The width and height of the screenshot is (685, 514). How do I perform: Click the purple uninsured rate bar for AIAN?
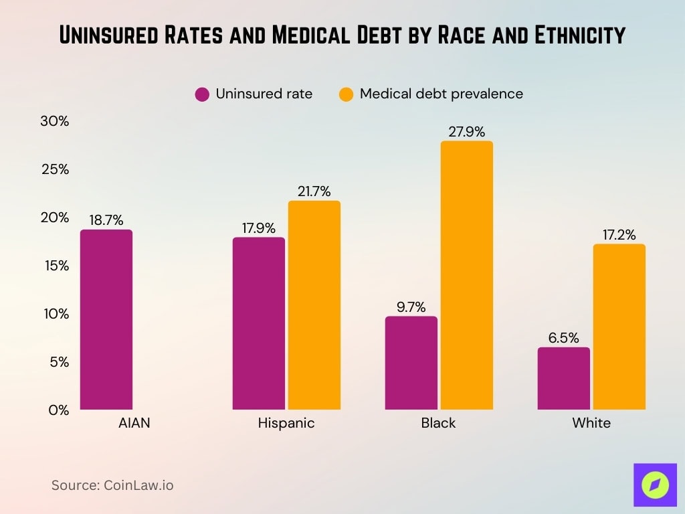coord(106,320)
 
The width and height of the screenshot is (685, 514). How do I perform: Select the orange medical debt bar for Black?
coord(467,275)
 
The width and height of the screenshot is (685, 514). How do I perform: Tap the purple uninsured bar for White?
coord(564,378)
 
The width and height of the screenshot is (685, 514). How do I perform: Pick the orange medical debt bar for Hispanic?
coord(314,305)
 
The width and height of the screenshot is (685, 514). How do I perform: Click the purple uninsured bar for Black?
coord(411,363)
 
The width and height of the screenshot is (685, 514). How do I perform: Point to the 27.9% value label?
coord(467,132)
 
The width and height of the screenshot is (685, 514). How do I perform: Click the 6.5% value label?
coord(564,338)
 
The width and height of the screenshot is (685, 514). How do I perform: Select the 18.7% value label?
coord(106,220)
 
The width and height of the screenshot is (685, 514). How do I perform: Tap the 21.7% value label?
coord(314,191)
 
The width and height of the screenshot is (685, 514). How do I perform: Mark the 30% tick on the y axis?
coord(55,121)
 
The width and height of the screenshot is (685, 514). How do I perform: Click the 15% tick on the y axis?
coord(55,266)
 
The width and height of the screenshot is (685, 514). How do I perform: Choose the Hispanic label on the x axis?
coord(286,424)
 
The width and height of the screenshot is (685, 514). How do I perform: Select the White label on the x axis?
coord(591,424)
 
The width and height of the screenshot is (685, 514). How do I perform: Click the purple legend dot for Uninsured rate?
coord(202,94)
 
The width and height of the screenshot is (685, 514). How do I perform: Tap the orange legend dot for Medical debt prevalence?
coord(346,94)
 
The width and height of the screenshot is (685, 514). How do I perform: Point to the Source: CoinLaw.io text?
coord(112,485)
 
